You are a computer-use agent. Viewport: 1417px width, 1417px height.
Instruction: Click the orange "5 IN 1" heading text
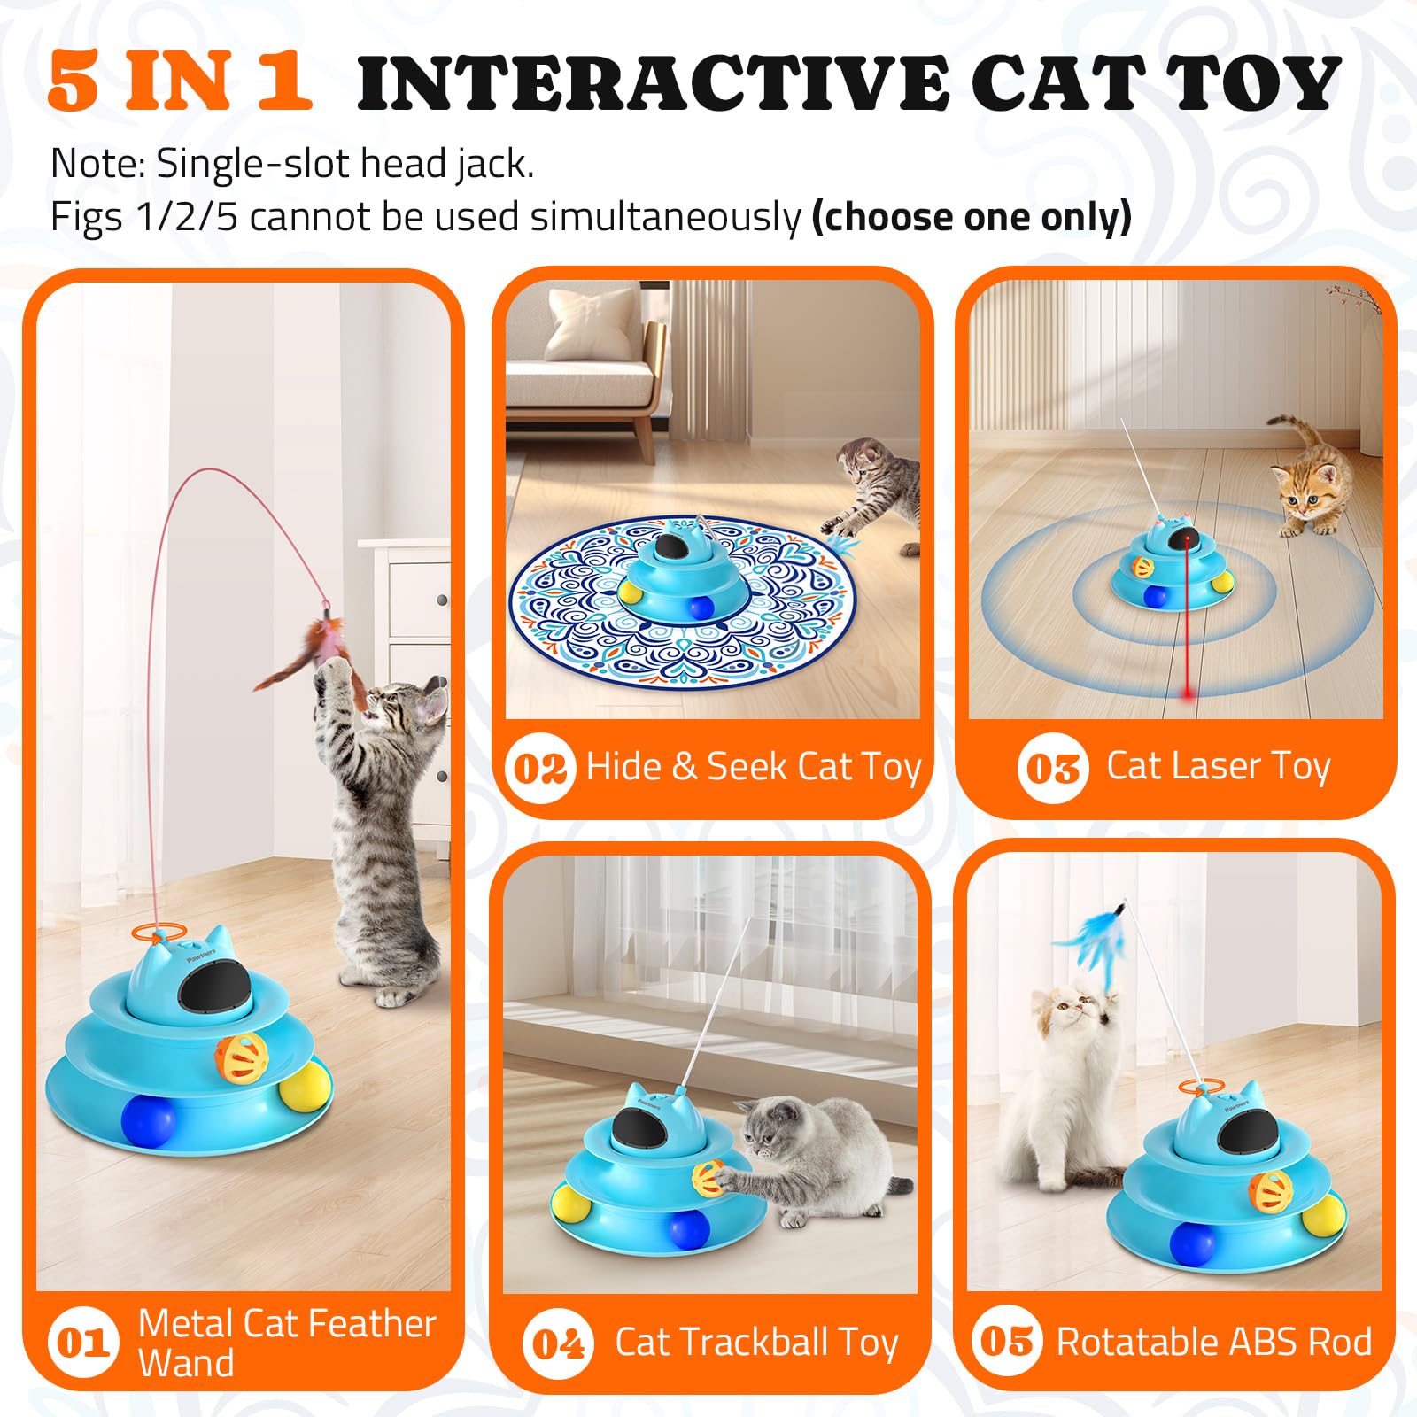(x=180, y=81)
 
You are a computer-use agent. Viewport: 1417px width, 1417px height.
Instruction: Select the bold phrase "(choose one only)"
(x=972, y=217)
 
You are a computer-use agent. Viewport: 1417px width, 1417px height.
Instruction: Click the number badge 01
(x=82, y=1343)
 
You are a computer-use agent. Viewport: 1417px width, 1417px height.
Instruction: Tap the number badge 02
(x=539, y=768)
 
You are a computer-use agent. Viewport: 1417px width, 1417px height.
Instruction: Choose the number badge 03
(x=1052, y=768)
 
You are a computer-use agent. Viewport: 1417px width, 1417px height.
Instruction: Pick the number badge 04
(x=558, y=1343)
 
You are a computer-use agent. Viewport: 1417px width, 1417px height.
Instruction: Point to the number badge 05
(x=1007, y=1341)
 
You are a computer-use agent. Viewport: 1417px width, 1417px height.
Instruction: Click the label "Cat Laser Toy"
(x=1218, y=766)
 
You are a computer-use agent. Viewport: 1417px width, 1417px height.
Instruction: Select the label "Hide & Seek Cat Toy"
(x=753, y=767)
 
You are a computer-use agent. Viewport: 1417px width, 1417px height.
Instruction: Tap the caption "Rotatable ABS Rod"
(x=1213, y=1342)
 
